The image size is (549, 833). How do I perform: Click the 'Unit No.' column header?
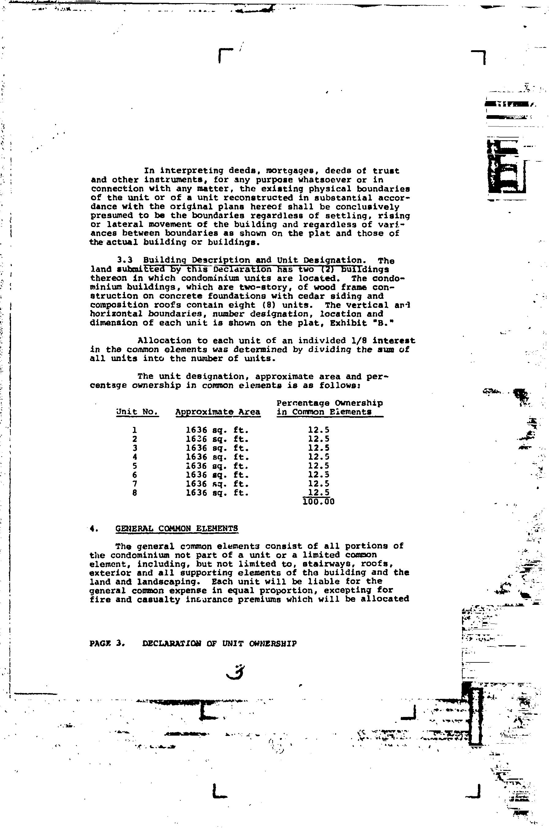click(137, 412)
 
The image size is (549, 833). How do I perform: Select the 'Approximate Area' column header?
click(218, 412)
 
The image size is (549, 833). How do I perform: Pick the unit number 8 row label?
click(135, 493)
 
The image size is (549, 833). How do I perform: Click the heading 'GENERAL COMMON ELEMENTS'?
click(177, 529)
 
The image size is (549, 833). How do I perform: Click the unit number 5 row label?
click(135, 466)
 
